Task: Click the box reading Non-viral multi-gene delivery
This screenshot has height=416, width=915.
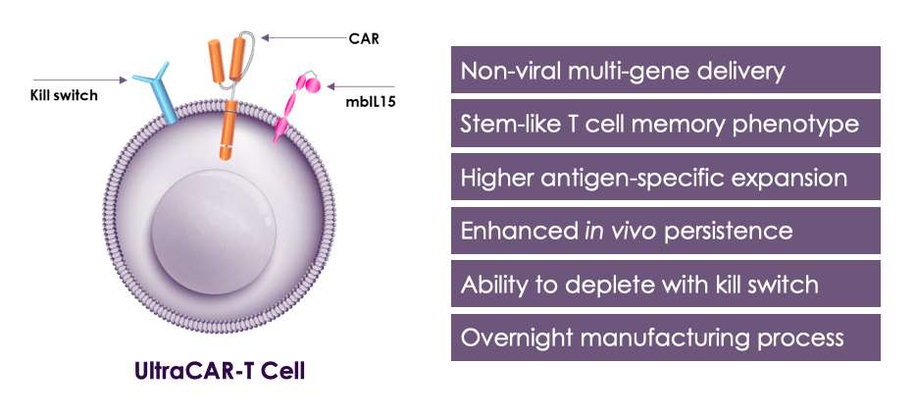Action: [x=665, y=71]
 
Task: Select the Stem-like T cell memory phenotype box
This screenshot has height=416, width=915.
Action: [x=665, y=124]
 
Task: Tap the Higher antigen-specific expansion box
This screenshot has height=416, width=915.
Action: [x=665, y=178]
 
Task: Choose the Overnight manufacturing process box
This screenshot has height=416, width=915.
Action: [x=665, y=338]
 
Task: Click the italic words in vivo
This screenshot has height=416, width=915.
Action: [x=616, y=232]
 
